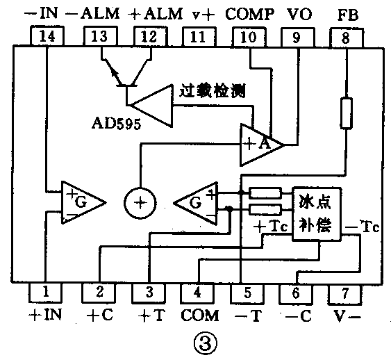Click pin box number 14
(47, 37)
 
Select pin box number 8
(345, 37)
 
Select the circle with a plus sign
(141, 203)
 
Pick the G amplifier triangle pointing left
(197, 204)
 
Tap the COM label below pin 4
(200, 315)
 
